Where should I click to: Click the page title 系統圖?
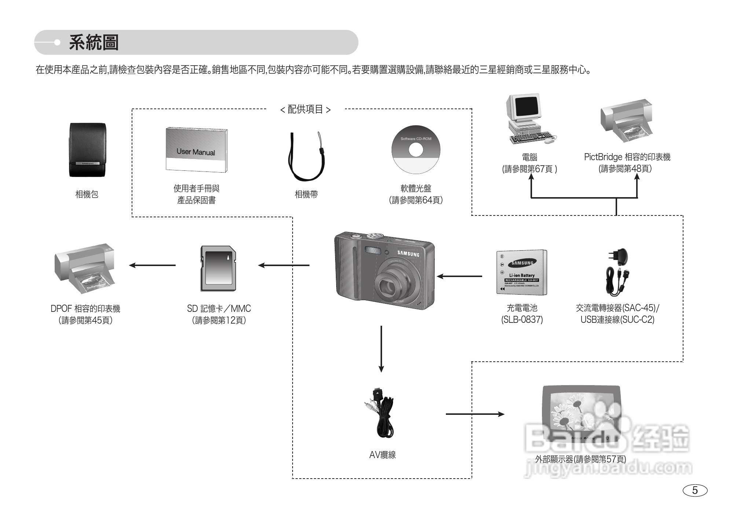(94, 43)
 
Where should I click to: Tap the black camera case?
(88, 150)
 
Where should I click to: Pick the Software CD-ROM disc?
(416, 150)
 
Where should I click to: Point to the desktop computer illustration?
(528, 118)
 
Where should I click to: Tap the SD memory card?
(218, 269)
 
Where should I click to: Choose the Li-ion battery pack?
(521, 272)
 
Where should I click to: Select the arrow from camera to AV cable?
(381, 348)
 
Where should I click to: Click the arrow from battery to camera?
(459, 276)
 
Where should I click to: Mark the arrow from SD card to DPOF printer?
(152, 265)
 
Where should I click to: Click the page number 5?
(695, 490)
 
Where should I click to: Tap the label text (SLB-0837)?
(522, 320)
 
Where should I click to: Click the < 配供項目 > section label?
(305, 109)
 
